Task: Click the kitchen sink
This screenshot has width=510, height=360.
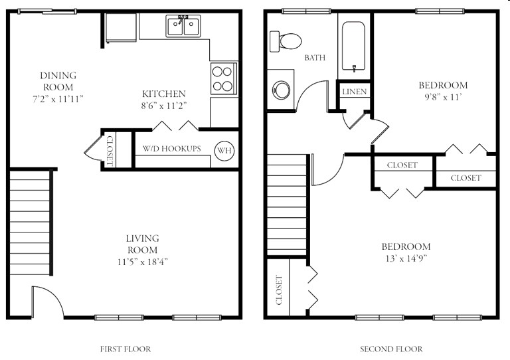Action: click(184, 27)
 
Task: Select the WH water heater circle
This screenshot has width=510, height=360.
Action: click(224, 149)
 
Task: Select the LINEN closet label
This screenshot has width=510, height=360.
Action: click(355, 91)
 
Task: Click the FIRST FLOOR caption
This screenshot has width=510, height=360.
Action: click(125, 349)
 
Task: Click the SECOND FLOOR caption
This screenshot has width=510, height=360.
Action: click(390, 349)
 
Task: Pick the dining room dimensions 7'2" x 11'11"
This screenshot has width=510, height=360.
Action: click(59, 98)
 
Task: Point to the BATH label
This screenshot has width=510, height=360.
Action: click(315, 58)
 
